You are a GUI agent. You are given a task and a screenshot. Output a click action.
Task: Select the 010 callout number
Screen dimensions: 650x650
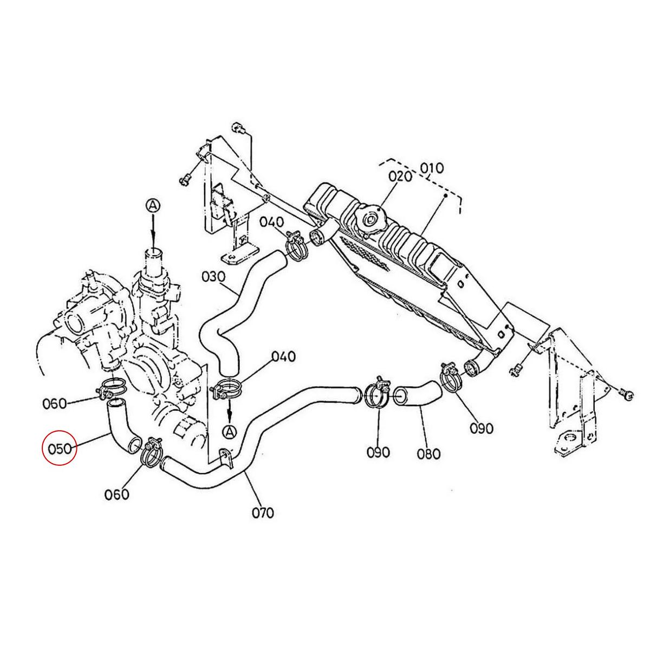[432, 167]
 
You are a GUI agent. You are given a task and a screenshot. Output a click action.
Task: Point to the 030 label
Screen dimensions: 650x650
[213, 277]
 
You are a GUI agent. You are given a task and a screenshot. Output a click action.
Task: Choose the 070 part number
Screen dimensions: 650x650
[262, 511]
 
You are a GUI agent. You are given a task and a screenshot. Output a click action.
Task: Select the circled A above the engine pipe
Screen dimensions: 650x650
[153, 205]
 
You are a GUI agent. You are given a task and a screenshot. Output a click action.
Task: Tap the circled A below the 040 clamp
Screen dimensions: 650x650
[230, 431]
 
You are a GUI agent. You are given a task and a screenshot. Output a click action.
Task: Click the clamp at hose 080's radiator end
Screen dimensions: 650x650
[451, 376]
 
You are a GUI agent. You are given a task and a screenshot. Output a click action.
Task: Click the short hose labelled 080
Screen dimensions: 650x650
[417, 394]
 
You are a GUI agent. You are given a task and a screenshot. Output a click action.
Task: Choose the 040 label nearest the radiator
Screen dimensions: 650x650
[271, 223]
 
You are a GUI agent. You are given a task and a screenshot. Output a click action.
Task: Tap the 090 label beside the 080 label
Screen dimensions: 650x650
[378, 452]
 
